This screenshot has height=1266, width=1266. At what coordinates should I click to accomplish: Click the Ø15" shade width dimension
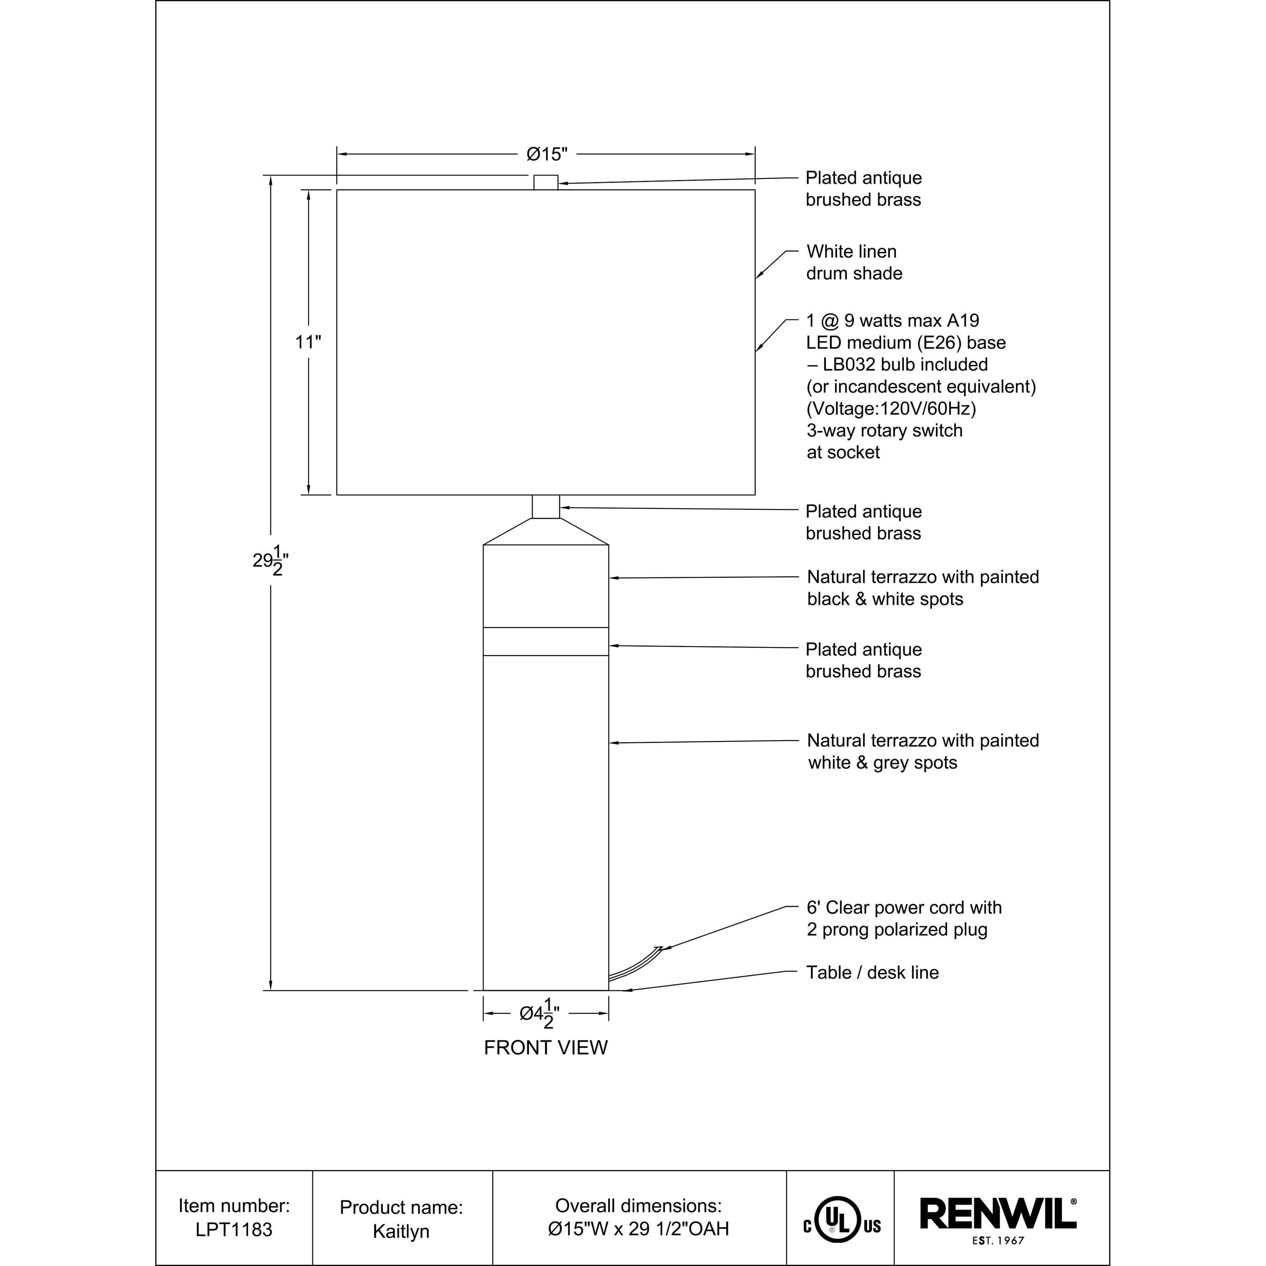coord(546,154)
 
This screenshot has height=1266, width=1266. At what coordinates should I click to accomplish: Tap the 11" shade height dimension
coord(308,342)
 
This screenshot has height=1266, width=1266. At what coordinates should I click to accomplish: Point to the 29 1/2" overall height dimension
coord(271,560)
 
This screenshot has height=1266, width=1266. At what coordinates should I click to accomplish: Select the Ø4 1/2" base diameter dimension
coord(539,1014)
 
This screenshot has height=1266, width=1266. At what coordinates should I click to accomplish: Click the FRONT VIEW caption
coord(545,1048)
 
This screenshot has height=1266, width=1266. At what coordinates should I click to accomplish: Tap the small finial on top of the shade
coord(546,182)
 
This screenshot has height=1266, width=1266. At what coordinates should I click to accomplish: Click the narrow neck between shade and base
coord(546,506)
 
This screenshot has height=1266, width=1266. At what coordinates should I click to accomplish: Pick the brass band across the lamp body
coord(546,641)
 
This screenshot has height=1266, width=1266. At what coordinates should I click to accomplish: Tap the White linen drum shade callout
coord(854,262)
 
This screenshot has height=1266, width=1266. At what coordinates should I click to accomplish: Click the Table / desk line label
coord(872,972)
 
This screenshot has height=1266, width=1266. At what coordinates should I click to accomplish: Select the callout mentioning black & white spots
coord(922,588)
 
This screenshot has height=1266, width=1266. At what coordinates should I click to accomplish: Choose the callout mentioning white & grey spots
coord(922,752)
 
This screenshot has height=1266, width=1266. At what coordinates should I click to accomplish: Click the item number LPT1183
coord(234,1229)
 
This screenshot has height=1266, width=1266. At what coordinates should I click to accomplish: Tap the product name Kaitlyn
coord(401,1231)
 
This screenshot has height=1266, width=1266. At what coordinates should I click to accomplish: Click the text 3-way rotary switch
coord(884,430)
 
